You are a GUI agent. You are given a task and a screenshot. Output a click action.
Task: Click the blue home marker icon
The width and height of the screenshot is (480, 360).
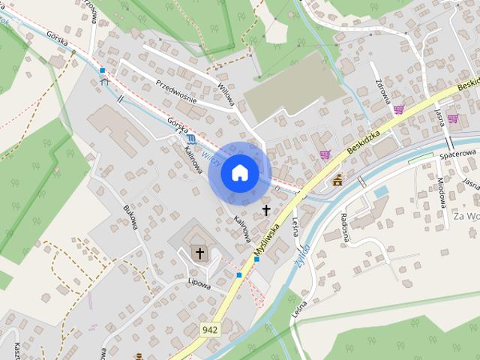239,172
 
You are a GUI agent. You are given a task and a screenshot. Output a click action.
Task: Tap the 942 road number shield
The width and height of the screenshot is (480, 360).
210,328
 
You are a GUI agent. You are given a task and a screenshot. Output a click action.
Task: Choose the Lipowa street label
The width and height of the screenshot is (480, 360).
199,284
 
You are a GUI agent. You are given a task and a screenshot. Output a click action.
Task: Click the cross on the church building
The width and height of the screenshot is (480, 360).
199,253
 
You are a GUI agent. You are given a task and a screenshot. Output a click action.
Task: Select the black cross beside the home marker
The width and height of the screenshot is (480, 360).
266,210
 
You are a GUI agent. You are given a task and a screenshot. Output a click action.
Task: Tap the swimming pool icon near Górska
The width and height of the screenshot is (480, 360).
193,139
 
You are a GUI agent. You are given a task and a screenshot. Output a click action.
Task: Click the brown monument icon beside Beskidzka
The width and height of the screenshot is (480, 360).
337,180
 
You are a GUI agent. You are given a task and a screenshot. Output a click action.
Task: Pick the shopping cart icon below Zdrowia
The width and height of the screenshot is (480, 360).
399,109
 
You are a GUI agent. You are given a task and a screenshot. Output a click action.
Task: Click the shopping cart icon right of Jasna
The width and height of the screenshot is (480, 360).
452,118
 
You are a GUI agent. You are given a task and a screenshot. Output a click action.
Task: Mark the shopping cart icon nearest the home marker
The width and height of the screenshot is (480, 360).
325,154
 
